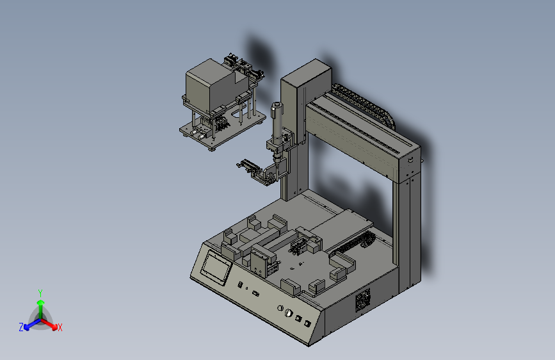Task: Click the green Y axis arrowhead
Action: [x=41, y=302]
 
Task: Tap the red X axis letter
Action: [x=60, y=327]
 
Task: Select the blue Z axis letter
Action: [x=21, y=327]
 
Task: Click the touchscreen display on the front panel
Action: [x=216, y=266]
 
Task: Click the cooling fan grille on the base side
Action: [x=363, y=300]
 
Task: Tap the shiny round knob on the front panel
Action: [x=289, y=313]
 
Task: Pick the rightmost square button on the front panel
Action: [x=307, y=323]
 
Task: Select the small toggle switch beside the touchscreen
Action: [x=240, y=284]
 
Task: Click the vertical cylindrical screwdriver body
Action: [x=277, y=120]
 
